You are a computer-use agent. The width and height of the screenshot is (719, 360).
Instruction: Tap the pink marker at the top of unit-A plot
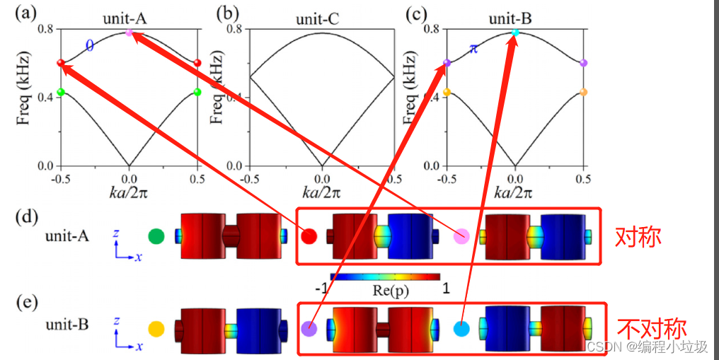coord(129,33)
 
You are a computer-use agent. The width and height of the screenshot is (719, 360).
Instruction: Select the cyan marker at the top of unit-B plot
coord(515,33)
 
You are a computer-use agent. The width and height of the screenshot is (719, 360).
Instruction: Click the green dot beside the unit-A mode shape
coord(156,236)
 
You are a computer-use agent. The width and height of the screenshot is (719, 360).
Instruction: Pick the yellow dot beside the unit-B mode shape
coord(156,329)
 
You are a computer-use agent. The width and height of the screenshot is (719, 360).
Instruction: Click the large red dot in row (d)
coord(308,236)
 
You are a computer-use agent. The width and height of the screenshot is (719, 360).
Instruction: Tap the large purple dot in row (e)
coord(308,329)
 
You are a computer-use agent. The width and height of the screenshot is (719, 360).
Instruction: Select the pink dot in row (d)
coord(461,236)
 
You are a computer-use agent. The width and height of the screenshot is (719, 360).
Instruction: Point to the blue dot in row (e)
coord(461,329)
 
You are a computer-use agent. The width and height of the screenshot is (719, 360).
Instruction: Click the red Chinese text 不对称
coord(652,329)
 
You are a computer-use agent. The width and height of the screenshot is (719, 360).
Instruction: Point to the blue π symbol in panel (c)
coord(474,48)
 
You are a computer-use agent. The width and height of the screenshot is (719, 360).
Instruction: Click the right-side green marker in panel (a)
coord(197,92)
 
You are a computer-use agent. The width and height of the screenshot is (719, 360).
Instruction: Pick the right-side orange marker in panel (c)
coord(584,92)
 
